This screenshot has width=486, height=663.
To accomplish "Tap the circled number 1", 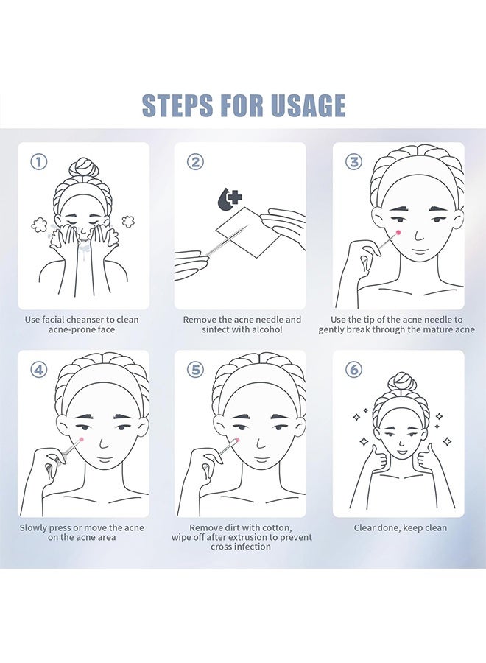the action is pos(39,162).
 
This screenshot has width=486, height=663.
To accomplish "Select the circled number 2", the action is pos(195,162).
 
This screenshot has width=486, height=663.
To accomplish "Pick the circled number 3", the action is pos(353,162).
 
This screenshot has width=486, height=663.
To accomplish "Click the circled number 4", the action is pos(39,370).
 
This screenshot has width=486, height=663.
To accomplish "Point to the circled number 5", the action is pos(195,370).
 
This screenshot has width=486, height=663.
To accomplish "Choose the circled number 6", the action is pos(353,370).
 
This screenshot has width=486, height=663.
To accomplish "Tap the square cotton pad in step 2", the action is pos(250,232).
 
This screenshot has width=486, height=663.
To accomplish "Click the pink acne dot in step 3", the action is pos(398,232).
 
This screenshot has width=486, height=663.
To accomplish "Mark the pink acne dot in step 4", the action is pos(81,441).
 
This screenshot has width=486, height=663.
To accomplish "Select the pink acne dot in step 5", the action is pos(238,441).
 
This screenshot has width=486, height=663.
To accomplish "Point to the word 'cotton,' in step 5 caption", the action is pos(277,527).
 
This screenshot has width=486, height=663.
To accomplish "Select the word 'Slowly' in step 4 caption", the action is pos(33,528).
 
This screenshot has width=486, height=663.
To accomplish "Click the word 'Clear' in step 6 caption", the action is pos(365,527).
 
